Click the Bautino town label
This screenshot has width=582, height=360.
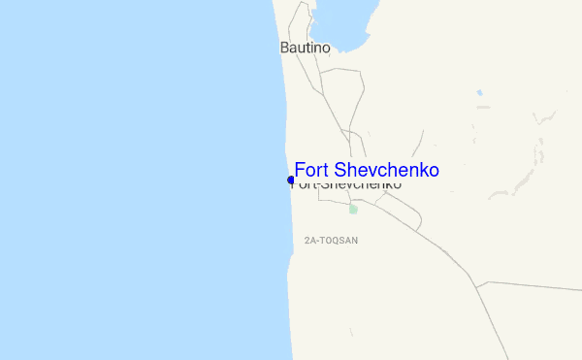tap(305, 47)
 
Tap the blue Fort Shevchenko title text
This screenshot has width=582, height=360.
tap(367, 170)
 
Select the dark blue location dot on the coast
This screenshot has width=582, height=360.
tap(291, 180)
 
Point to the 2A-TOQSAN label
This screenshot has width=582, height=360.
tap(331, 240)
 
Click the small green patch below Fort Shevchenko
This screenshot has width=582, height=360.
tap(353, 209)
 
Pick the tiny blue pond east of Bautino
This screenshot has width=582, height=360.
tap(479, 93)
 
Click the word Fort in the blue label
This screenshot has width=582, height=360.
tap(313, 170)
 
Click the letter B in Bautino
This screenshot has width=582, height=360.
tap(283, 47)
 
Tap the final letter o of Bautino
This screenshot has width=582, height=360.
tap(326, 47)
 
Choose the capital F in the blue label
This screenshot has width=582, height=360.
tap(300, 170)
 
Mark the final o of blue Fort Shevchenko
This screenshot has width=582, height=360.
tap(434, 171)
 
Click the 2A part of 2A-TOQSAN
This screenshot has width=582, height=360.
tap(309, 240)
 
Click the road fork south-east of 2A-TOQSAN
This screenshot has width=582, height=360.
tap(476, 286)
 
